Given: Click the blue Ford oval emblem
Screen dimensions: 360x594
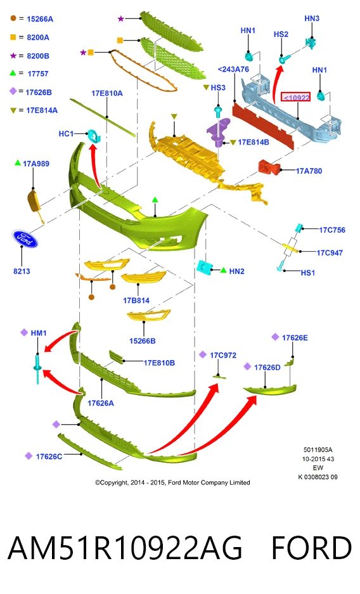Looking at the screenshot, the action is [25, 239].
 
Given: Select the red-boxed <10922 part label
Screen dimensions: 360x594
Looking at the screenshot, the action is [295, 98].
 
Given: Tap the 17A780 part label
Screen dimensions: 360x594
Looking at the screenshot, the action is [309, 171].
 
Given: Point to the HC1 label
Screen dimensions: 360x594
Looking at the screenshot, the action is [66, 134].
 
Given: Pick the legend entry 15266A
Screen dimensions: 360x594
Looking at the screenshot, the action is [40, 19].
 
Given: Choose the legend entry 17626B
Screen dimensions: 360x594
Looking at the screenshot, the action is [39, 92].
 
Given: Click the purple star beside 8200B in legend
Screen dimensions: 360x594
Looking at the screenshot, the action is [13, 56].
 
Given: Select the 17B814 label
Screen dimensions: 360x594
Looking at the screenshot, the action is [136, 300].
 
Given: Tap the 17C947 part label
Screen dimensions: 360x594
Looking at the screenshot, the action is [330, 253].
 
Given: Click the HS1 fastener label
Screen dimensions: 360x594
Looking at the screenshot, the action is [308, 273].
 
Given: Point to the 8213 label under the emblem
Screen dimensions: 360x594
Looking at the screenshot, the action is [22, 271].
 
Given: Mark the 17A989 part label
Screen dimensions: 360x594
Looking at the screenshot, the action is [36, 164].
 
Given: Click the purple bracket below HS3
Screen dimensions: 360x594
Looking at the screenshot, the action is [219, 131].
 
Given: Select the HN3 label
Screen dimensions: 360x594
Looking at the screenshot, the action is [312, 18].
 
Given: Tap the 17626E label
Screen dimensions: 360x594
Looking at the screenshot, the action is [295, 337].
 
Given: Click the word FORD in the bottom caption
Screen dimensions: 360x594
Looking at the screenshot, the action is [312, 548].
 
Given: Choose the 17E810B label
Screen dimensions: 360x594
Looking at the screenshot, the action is [159, 363].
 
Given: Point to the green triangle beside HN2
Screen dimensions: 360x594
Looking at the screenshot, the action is [223, 270].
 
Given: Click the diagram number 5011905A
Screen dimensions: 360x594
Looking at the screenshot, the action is [318, 449].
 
